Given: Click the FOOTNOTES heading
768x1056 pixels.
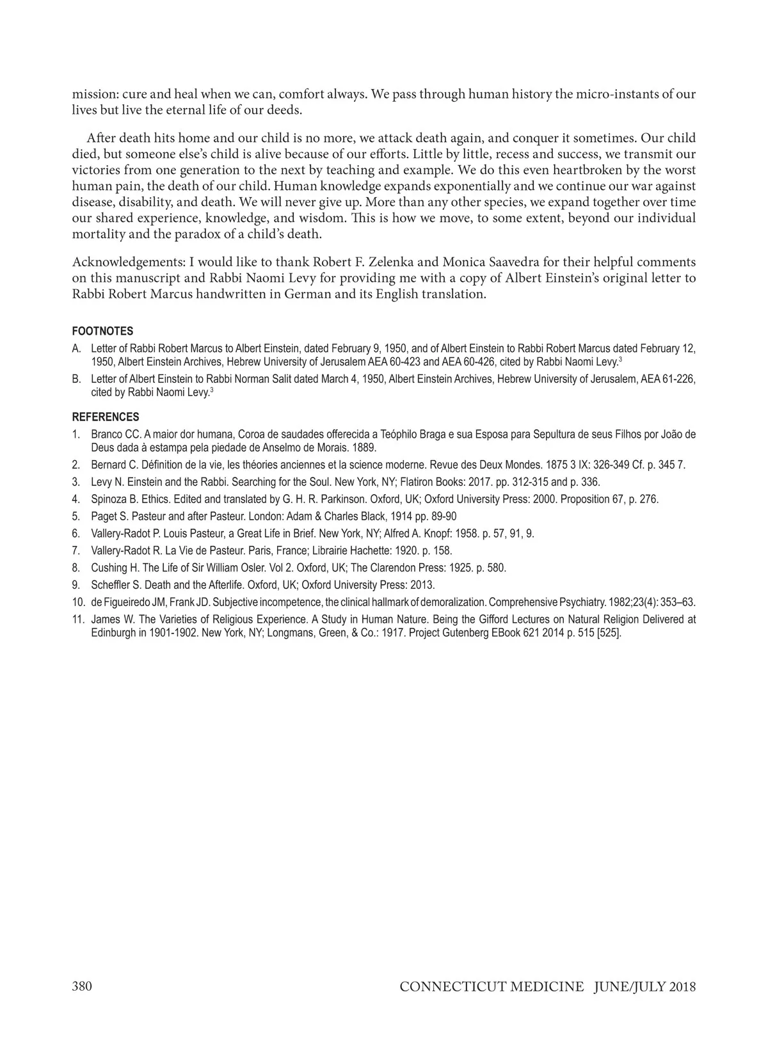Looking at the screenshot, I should click(102, 331).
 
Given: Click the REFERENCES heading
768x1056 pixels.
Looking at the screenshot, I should click(105, 417).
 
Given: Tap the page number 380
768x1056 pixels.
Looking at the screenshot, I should click(82, 986).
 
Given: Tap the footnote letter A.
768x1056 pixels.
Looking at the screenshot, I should click(76, 349).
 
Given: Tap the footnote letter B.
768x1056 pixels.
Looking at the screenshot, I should click(76, 379).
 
